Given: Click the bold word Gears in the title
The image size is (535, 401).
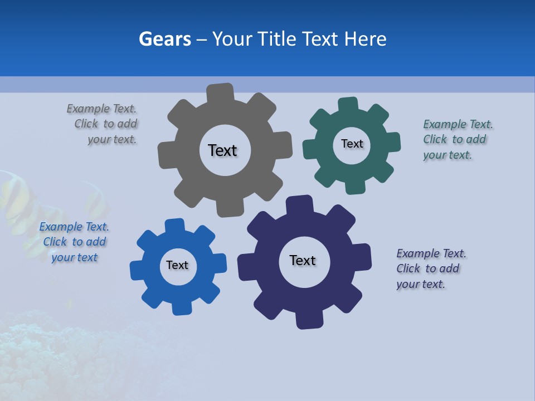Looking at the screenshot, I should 164,39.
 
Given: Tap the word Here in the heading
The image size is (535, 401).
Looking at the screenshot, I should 365,39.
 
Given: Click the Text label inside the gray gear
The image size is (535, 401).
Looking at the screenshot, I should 222,150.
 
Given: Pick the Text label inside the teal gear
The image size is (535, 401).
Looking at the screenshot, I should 352,144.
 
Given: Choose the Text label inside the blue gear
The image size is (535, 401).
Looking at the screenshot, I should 177,266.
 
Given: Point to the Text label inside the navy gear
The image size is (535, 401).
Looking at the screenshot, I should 303,261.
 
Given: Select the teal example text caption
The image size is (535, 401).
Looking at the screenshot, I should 457,139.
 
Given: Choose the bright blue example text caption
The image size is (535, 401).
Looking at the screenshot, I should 74,242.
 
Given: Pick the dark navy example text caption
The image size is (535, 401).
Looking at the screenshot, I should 430,268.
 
